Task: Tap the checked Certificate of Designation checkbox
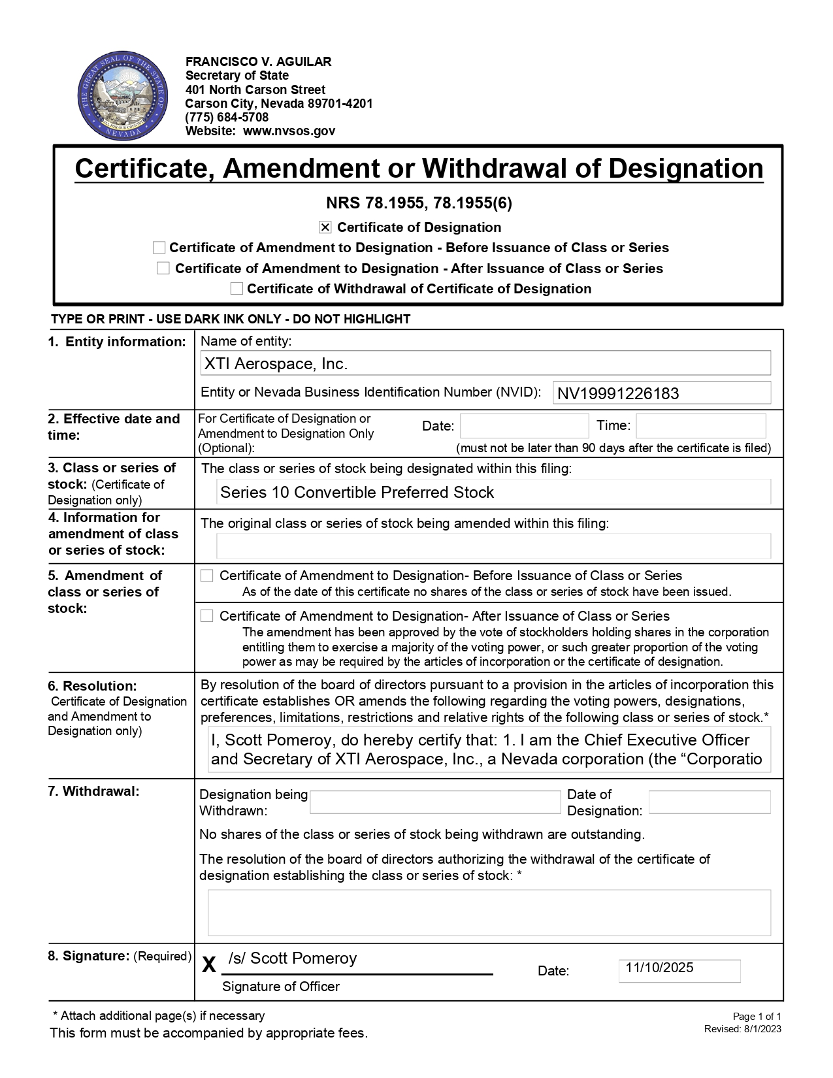pyautogui.click(x=325, y=227)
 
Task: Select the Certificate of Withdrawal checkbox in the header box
pyautogui.click(x=237, y=289)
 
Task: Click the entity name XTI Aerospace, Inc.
pyautogui.click(x=276, y=364)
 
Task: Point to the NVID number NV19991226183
pyautogui.click(x=618, y=393)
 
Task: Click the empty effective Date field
pyautogui.click(x=524, y=426)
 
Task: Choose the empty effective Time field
pyautogui.click(x=700, y=426)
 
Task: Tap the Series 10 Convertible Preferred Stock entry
pyautogui.click(x=357, y=493)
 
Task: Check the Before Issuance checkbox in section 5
pyautogui.click(x=207, y=576)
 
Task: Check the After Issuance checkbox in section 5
pyautogui.click(x=207, y=616)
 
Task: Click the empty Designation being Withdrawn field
pyautogui.click(x=435, y=802)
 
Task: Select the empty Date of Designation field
pyautogui.click(x=710, y=802)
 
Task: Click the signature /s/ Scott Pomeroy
pyautogui.click(x=293, y=958)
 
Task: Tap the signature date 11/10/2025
pyautogui.click(x=659, y=968)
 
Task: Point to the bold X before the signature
pyautogui.click(x=208, y=964)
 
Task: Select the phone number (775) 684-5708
pyautogui.click(x=227, y=117)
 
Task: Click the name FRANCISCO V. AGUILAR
pyautogui.click(x=258, y=61)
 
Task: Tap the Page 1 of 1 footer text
pyautogui.click(x=757, y=1017)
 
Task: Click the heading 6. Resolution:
pyautogui.click(x=92, y=686)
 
